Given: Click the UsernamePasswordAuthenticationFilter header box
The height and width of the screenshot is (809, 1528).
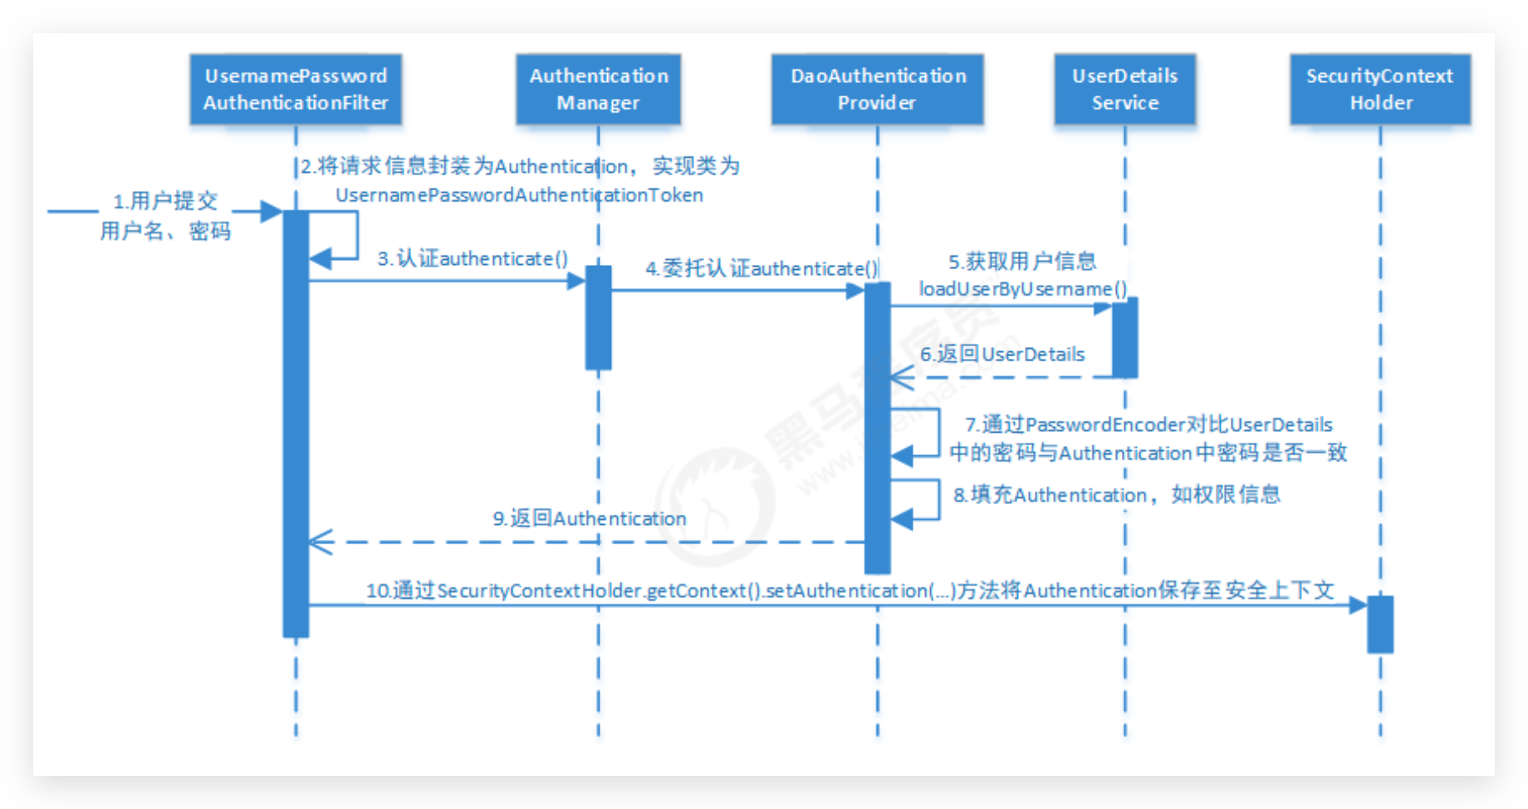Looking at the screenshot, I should tap(296, 89).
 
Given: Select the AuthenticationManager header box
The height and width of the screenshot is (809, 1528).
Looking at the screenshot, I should tap(598, 89).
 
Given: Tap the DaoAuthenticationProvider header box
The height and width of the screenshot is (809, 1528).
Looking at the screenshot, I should tap(877, 89).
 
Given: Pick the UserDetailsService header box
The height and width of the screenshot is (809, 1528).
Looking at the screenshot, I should tap(1124, 89).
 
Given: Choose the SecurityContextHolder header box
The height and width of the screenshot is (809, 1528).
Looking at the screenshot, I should tap(1379, 89).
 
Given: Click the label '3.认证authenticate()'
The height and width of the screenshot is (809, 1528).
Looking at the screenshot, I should tap(473, 258).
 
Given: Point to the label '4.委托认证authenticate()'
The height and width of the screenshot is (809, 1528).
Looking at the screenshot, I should tap(762, 268).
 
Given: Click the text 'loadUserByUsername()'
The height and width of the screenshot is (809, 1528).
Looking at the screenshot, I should tap(1022, 289).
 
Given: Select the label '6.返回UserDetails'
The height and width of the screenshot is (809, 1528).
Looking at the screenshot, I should tap(1002, 354).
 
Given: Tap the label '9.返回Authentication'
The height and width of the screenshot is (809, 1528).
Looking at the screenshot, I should tap(590, 518).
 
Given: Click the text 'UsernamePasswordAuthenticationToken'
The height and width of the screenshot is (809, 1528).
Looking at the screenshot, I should tap(519, 195).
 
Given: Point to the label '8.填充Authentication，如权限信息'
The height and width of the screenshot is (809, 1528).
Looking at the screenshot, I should tap(1116, 495).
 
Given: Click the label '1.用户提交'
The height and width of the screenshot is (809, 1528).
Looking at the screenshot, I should tap(165, 201).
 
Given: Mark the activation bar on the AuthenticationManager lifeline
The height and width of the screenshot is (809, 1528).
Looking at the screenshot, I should tap(598, 317).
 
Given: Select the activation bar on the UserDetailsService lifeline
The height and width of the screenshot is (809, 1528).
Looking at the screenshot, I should tap(1124, 337).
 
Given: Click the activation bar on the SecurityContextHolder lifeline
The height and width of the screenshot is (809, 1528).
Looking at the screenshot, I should tap(1380, 624).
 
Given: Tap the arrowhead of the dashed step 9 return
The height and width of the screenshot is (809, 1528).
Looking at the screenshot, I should tap(320, 542).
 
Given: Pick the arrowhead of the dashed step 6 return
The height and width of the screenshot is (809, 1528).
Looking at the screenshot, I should tap(901, 378).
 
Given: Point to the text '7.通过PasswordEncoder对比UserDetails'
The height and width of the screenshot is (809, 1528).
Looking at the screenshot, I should tap(1148, 424).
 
